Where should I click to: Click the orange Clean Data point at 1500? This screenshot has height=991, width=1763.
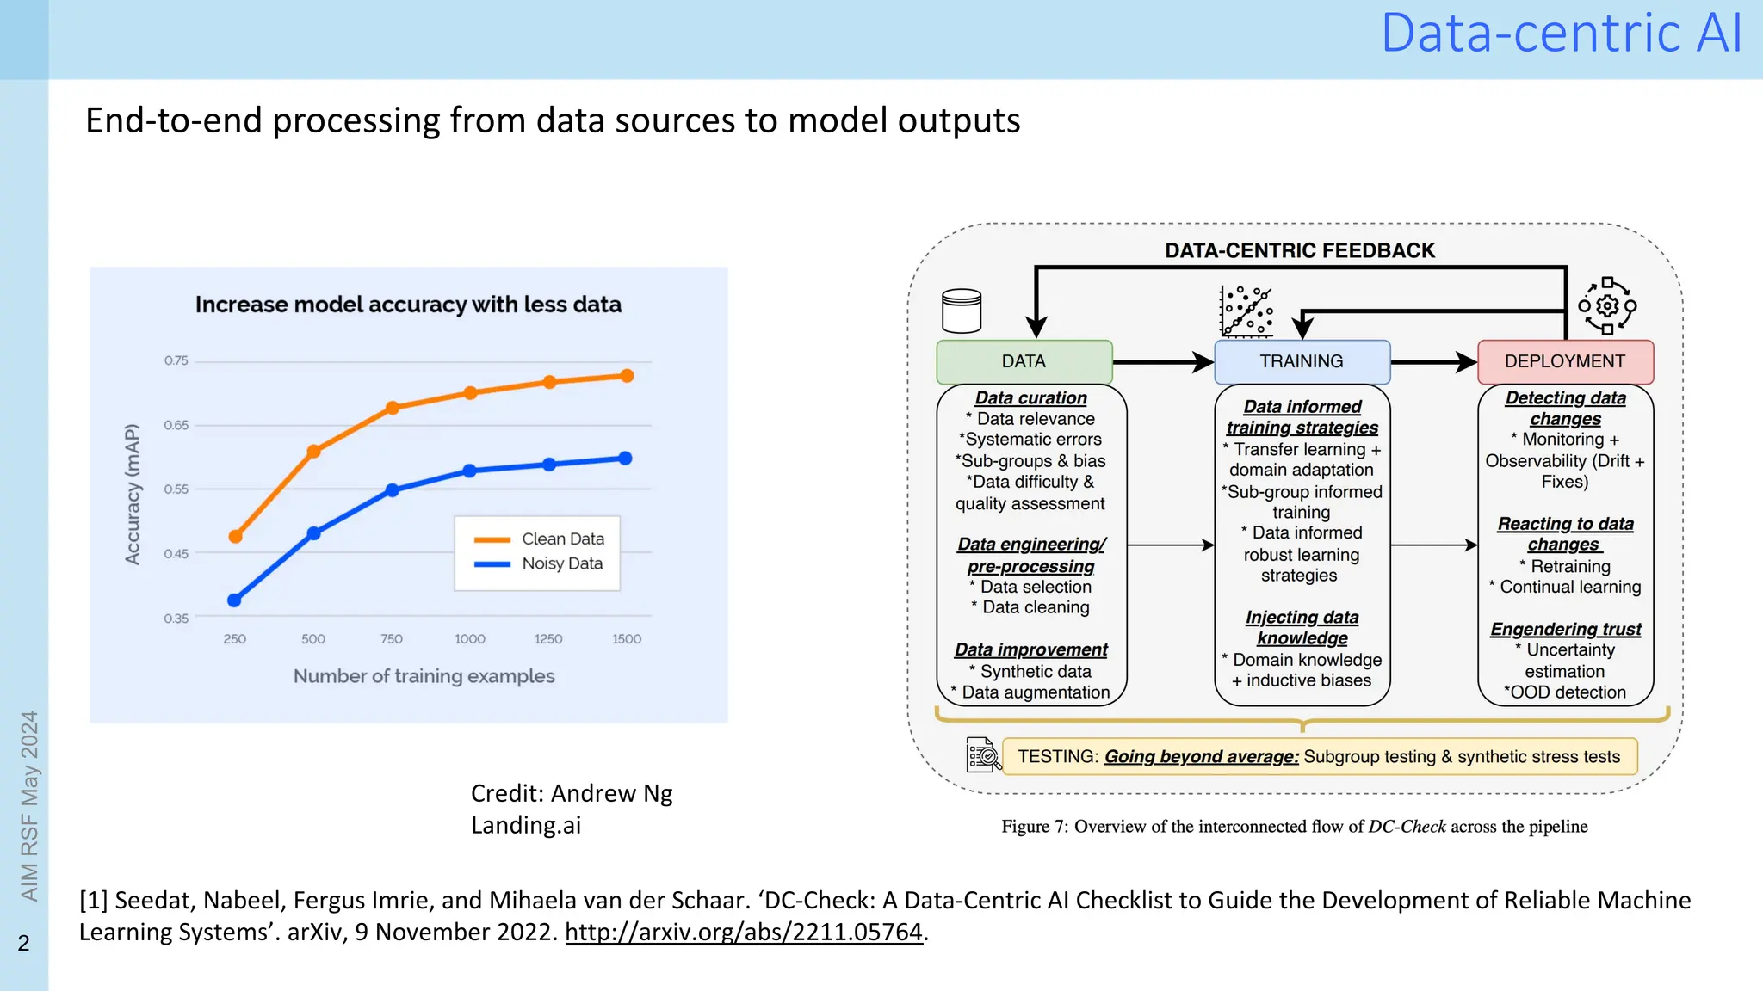(x=627, y=376)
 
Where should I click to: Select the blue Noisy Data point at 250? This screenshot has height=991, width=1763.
(x=234, y=600)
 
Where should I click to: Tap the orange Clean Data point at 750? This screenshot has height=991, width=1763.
(x=393, y=408)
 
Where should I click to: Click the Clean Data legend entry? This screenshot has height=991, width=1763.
(x=540, y=539)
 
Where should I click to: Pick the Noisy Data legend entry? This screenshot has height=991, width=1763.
(x=539, y=564)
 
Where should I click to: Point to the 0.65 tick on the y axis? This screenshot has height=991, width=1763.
(x=176, y=425)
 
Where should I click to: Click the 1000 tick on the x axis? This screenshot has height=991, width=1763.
(x=470, y=639)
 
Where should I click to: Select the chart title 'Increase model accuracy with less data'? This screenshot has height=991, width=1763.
(x=408, y=305)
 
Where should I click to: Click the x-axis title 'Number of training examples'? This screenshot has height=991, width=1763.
(x=424, y=676)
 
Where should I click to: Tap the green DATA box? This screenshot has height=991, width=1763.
(x=1024, y=361)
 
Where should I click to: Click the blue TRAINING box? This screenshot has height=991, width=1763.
(x=1302, y=361)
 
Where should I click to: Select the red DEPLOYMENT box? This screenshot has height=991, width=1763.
(x=1565, y=361)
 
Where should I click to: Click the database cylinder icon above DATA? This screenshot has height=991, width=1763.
(x=962, y=311)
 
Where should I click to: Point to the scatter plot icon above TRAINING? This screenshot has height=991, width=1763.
(x=1246, y=311)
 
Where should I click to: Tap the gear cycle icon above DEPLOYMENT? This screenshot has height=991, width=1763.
(x=1607, y=306)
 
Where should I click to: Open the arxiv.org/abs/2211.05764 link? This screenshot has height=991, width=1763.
(x=744, y=932)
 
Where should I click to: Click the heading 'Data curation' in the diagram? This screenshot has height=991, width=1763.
(x=1030, y=398)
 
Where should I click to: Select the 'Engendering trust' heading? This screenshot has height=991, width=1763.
(x=1566, y=630)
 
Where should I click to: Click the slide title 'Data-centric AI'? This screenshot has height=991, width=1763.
(x=1562, y=34)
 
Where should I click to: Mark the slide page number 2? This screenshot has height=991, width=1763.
(x=24, y=943)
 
